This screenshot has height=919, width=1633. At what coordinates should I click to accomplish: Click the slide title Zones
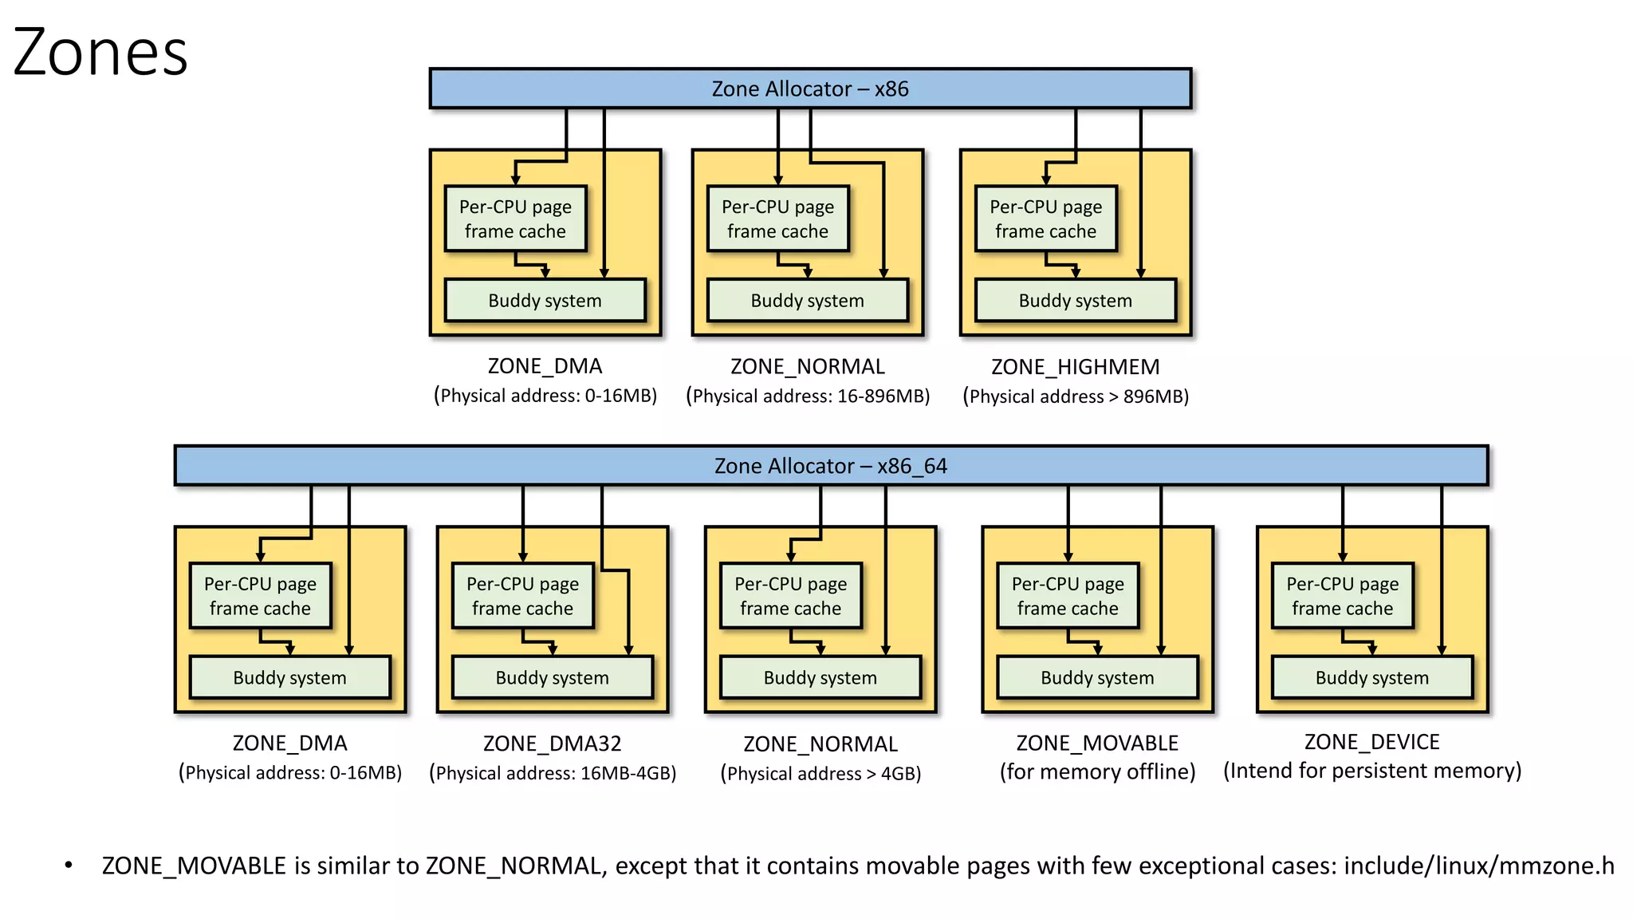[x=100, y=53]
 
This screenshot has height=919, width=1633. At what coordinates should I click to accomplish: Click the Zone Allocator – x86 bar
[x=809, y=89]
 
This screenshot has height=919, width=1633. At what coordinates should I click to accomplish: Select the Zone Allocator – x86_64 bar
[x=830, y=466]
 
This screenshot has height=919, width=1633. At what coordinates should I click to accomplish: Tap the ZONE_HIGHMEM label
[x=1075, y=367]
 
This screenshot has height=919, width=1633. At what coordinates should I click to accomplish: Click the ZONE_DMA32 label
[x=552, y=743]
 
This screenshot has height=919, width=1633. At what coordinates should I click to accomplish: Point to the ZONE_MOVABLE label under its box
[x=1096, y=743]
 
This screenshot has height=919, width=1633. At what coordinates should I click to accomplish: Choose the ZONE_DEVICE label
[x=1371, y=742]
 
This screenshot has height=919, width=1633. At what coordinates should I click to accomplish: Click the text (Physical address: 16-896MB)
[x=808, y=396]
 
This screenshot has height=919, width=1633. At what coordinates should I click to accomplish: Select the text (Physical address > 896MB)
[x=1075, y=396]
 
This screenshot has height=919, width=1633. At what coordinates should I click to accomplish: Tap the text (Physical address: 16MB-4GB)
[x=552, y=773]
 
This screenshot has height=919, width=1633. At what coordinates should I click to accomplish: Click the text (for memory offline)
[x=1097, y=772]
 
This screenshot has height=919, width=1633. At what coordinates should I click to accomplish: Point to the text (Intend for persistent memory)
[x=1371, y=771]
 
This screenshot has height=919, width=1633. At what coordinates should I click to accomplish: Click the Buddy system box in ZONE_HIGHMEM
[x=1075, y=301]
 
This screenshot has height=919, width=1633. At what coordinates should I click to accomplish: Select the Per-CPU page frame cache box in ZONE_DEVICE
[x=1342, y=596]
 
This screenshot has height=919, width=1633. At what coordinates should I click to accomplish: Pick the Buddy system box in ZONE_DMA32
[x=552, y=678]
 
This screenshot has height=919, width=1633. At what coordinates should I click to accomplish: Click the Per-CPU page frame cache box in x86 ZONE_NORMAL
[x=777, y=219]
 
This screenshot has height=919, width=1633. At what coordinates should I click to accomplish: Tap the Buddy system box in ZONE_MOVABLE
[x=1097, y=678]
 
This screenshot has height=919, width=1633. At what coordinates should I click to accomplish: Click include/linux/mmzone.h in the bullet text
[x=1478, y=866]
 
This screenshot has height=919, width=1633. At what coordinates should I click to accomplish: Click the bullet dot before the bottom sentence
[x=69, y=865]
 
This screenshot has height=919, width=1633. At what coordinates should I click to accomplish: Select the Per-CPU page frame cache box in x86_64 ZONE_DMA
[x=260, y=596]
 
